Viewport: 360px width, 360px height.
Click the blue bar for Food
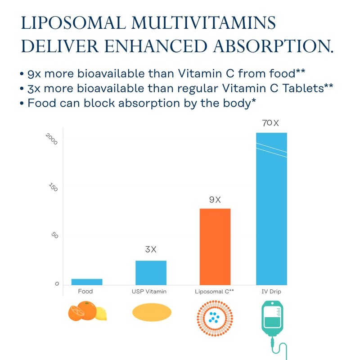pyautogui.click(x=87, y=282)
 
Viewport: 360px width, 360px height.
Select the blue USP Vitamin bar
pyautogui.click(x=151, y=273)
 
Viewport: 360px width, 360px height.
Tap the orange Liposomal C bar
pyautogui.click(x=215, y=247)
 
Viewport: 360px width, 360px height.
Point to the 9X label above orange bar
pyautogui.click(x=215, y=200)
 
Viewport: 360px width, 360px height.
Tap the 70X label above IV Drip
pyautogui.click(x=271, y=123)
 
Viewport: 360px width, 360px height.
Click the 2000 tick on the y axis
pyautogui.click(x=52, y=139)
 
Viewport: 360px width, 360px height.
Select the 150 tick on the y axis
pyautogui.click(x=54, y=188)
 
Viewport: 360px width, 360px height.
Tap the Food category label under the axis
pyautogui.click(x=85, y=292)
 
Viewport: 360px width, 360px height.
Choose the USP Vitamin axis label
pyautogui.click(x=149, y=292)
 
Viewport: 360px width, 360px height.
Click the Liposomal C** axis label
pyautogui.click(x=214, y=292)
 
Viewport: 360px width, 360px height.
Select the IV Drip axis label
pyautogui.click(x=271, y=292)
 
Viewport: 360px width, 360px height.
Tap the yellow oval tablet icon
pyautogui.click(x=152, y=312)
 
